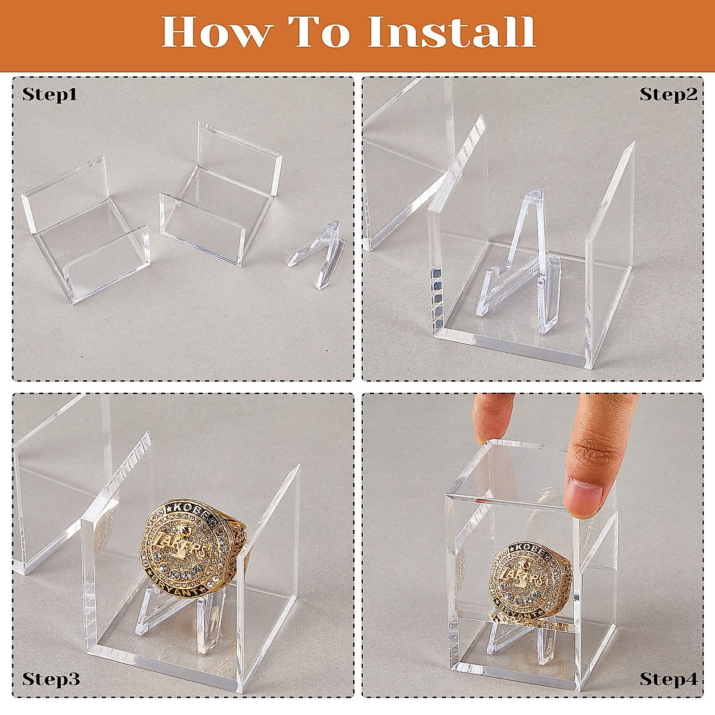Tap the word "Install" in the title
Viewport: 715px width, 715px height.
(x=452, y=33)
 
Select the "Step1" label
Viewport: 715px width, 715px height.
(x=50, y=95)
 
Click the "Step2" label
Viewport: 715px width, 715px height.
(x=668, y=95)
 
